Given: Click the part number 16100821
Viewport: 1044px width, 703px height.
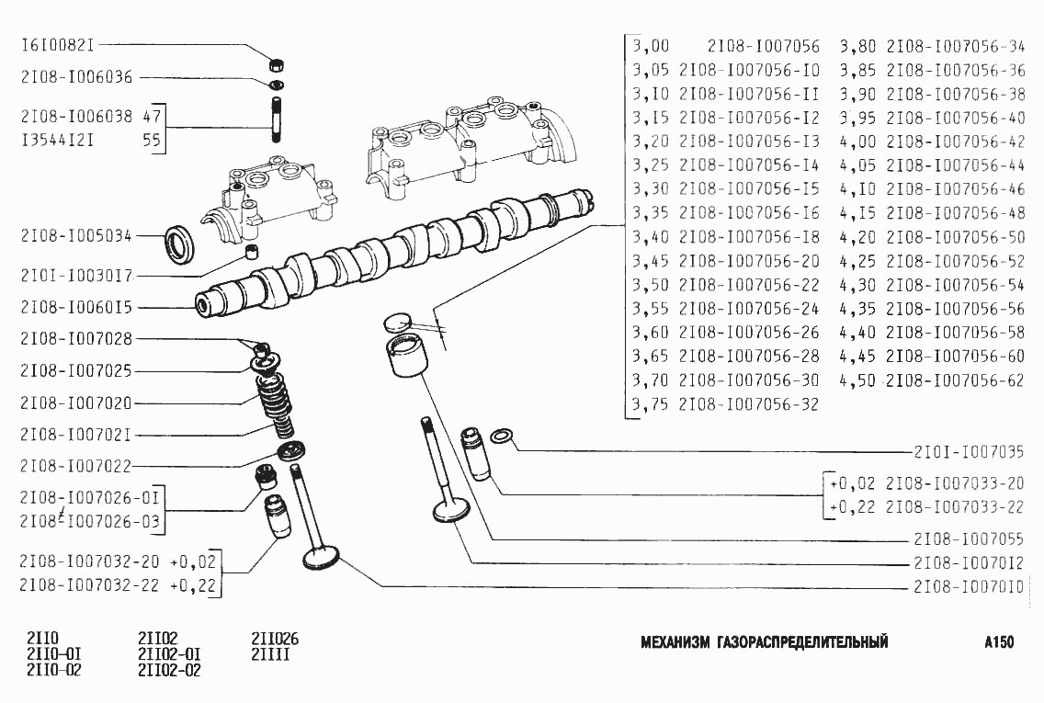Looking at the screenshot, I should pyautogui.click(x=58, y=44).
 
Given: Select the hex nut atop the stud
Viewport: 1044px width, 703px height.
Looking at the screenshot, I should pyautogui.click(x=274, y=64).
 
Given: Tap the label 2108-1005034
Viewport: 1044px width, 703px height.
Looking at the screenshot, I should pyautogui.click(x=76, y=236).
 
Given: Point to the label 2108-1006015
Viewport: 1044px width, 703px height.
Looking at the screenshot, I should pyautogui.click(x=76, y=307).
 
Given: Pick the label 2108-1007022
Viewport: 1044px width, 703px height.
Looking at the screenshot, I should pyautogui.click(x=76, y=465).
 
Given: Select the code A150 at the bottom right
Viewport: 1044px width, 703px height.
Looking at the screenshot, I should pyautogui.click(x=998, y=642).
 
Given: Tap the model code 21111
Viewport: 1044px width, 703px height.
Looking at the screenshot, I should pyautogui.click(x=271, y=654).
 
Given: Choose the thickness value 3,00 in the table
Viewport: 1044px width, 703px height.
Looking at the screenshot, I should pyautogui.click(x=651, y=46).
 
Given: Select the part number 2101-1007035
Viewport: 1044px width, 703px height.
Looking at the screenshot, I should pyautogui.click(x=969, y=452).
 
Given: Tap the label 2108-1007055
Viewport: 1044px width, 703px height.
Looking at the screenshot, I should pyautogui.click(x=969, y=539).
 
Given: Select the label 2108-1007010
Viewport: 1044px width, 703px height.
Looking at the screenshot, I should pyautogui.click(x=969, y=587).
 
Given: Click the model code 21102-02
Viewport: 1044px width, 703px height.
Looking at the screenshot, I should pyautogui.click(x=169, y=670).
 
